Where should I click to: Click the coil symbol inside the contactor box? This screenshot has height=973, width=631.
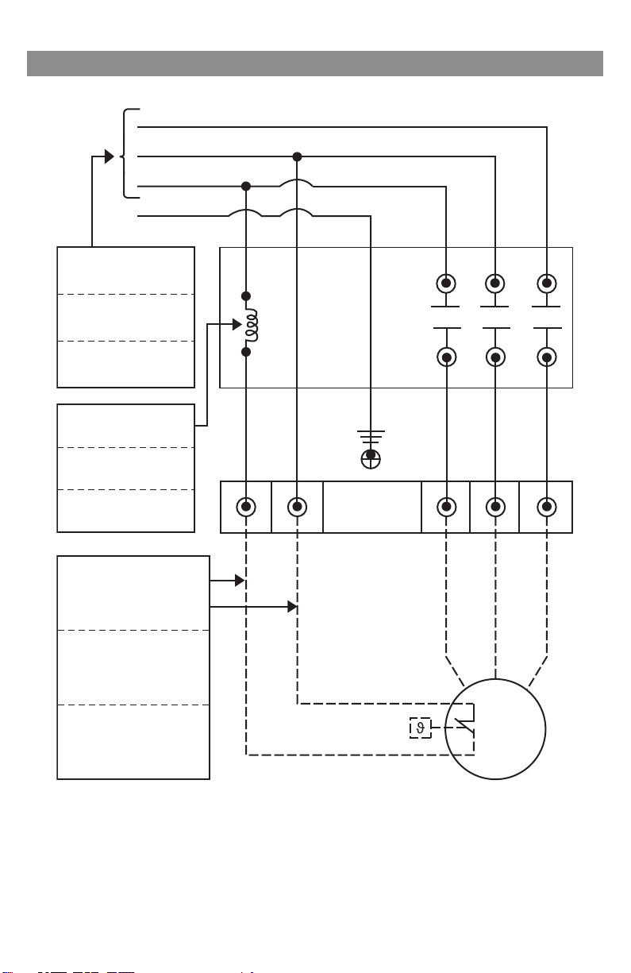pyautogui.click(x=252, y=324)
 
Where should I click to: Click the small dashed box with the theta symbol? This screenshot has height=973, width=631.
pyautogui.click(x=421, y=727)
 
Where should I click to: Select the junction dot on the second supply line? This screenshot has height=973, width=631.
pyautogui.click(x=296, y=156)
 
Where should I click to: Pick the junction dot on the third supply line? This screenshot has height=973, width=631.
pyautogui.click(x=246, y=186)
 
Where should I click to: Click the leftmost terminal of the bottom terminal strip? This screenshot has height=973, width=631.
pyautogui.click(x=246, y=506)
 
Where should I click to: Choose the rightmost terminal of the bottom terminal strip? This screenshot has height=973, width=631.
pyautogui.click(x=545, y=506)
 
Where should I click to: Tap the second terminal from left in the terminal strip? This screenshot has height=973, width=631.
pyautogui.click(x=296, y=506)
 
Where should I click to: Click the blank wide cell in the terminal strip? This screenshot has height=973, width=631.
pyautogui.click(x=371, y=506)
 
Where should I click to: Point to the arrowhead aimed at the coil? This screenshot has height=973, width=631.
pyautogui.click(x=236, y=324)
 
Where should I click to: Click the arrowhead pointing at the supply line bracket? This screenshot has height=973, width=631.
pyautogui.click(x=110, y=156)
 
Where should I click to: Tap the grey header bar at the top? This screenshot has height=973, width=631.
pyautogui.click(x=315, y=64)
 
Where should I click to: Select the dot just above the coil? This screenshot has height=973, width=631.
pyautogui.click(x=246, y=295)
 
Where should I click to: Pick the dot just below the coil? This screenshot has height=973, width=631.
pyautogui.click(x=246, y=351)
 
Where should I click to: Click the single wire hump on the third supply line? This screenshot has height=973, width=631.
pyautogui.click(x=296, y=185)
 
